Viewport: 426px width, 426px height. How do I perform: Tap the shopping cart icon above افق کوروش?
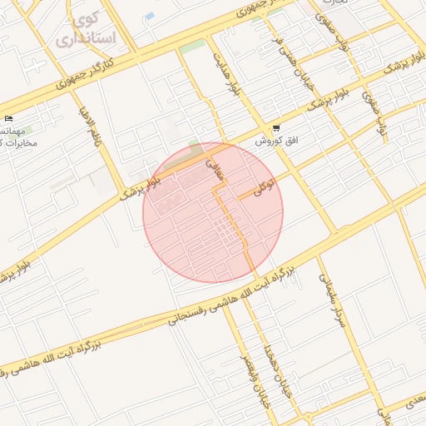tap(275, 129)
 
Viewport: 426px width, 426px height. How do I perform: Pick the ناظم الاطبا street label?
tap(88, 124)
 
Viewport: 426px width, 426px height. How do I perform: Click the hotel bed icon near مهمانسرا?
tap(8, 119)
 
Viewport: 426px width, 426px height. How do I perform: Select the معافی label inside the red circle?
tap(214, 171)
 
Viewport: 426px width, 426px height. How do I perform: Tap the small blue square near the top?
tap(150, 17)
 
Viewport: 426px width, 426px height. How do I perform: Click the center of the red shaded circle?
tap(213, 213)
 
